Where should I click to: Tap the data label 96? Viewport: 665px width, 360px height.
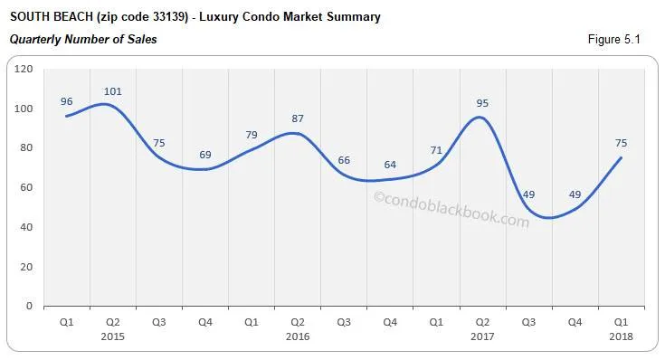coord(67,99)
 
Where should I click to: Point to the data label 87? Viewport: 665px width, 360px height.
coord(298,118)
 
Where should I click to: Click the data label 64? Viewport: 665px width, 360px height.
coord(390,165)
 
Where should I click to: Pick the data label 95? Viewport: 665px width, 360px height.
coord(482,103)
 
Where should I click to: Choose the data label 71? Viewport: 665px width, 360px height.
coord(436,150)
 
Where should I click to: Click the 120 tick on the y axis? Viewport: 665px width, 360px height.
coord(24,69)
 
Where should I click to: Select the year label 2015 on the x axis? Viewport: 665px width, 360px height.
coord(113,336)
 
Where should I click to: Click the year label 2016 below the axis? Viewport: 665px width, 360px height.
coord(298,336)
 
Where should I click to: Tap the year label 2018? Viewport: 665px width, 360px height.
coord(621,336)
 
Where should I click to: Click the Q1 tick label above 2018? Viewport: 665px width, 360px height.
coord(621,321)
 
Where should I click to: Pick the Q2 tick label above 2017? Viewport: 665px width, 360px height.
coord(482,321)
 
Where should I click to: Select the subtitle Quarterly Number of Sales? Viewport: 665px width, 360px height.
coord(83,39)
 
